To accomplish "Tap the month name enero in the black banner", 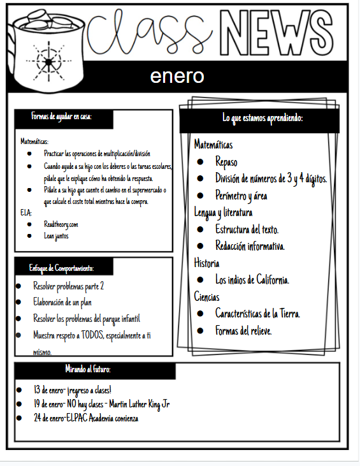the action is coord(177,76).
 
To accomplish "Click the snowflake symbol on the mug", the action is coord(48,60).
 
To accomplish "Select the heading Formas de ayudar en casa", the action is coord(61,117).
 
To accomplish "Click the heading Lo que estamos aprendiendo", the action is coord(262,119).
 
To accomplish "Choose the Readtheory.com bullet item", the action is coord(61,224).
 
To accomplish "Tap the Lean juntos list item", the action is coord(56,236).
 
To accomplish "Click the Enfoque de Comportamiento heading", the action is coord(61,266).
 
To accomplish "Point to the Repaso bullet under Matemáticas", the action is coord(226,162).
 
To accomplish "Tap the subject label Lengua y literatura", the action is coord(223,212).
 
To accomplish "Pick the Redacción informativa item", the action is coord(250,245).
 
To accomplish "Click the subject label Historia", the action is coord(207,262).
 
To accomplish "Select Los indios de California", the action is coord(252,279).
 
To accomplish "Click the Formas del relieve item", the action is coord(243,330).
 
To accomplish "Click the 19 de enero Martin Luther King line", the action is coord(102,404).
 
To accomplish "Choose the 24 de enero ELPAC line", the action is coord(86,418).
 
